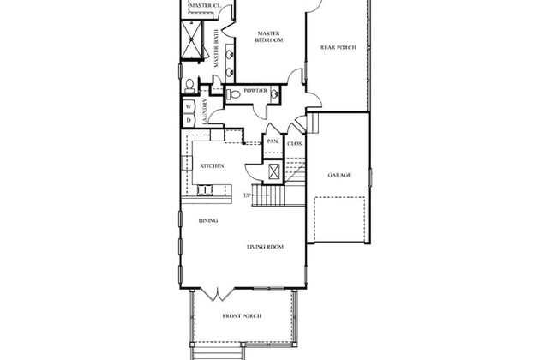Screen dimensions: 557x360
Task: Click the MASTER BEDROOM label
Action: point(269,37)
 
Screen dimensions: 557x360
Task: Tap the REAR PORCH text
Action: point(338,47)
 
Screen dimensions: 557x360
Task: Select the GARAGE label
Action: point(339,175)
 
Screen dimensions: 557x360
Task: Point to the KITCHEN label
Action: point(212,166)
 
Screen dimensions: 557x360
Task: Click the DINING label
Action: point(208,220)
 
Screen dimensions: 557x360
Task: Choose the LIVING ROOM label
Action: point(265,247)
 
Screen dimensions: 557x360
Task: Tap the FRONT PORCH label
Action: point(242,316)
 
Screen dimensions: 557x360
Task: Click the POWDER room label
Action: point(255,91)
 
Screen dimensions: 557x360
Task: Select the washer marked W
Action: point(189,106)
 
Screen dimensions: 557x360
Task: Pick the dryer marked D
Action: point(189,121)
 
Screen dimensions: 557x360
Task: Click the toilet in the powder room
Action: point(233,94)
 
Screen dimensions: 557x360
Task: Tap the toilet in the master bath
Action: point(189,87)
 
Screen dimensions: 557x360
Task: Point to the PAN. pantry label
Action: point(273,141)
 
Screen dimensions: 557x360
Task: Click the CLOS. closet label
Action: point(295,144)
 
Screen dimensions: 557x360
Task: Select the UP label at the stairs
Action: point(248,195)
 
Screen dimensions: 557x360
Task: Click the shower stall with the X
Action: point(191,39)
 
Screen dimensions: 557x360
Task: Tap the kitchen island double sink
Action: point(205,190)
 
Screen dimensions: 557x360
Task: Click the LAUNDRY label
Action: point(205,111)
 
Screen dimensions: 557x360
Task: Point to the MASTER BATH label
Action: point(217,53)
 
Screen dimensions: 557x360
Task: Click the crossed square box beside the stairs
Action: point(274,171)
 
